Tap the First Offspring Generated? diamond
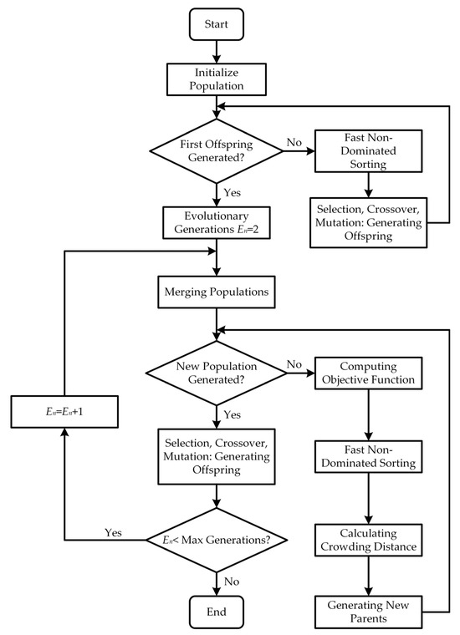[x=217, y=149]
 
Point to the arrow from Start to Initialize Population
[x=217, y=51]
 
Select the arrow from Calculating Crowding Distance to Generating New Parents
[x=369, y=575]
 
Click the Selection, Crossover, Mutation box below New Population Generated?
[x=217, y=454]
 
